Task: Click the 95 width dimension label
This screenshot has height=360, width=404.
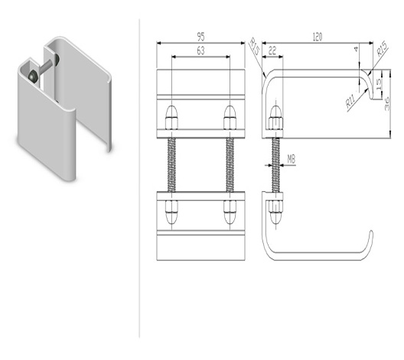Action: click(200, 37)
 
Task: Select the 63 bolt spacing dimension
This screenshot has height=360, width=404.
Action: click(200, 50)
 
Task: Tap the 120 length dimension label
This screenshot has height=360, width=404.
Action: click(318, 37)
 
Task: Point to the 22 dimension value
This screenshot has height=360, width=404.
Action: click(272, 50)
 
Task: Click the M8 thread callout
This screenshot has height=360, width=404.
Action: click(292, 160)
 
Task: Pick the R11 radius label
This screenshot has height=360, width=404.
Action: click(351, 101)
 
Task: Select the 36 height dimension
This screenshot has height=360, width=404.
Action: click(386, 104)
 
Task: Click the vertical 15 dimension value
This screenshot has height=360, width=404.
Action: click(379, 84)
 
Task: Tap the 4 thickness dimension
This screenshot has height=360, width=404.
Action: click(356, 49)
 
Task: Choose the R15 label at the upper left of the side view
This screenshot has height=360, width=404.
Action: click(254, 47)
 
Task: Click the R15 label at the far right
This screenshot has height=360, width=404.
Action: click(382, 50)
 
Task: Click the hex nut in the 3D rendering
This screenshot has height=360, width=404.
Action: click(33, 76)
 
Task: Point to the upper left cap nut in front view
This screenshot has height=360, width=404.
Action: click(171, 118)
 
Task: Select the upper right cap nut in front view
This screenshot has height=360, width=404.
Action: click(230, 118)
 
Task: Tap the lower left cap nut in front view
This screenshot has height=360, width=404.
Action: click(171, 212)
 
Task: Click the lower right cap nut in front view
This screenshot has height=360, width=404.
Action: click(230, 212)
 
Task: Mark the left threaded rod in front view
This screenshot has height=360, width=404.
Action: click(171, 165)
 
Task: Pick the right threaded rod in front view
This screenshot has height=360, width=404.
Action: click(230, 165)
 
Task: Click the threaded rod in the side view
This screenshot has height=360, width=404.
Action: click(276, 165)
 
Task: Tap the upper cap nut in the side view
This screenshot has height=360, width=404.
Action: click(276, 118)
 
